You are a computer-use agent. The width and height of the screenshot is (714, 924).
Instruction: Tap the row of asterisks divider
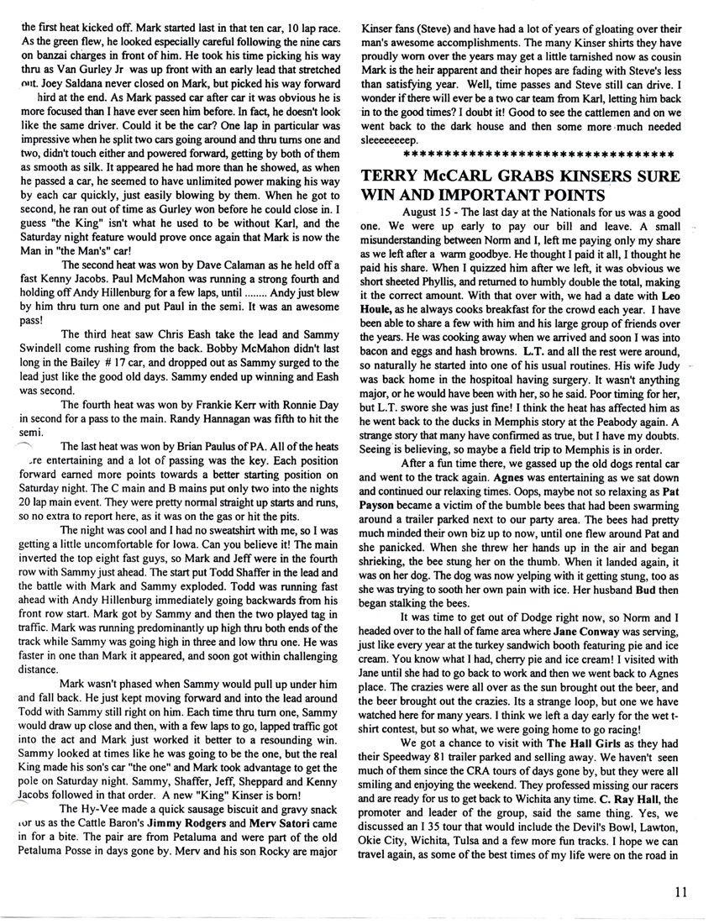(x=538, y=155)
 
